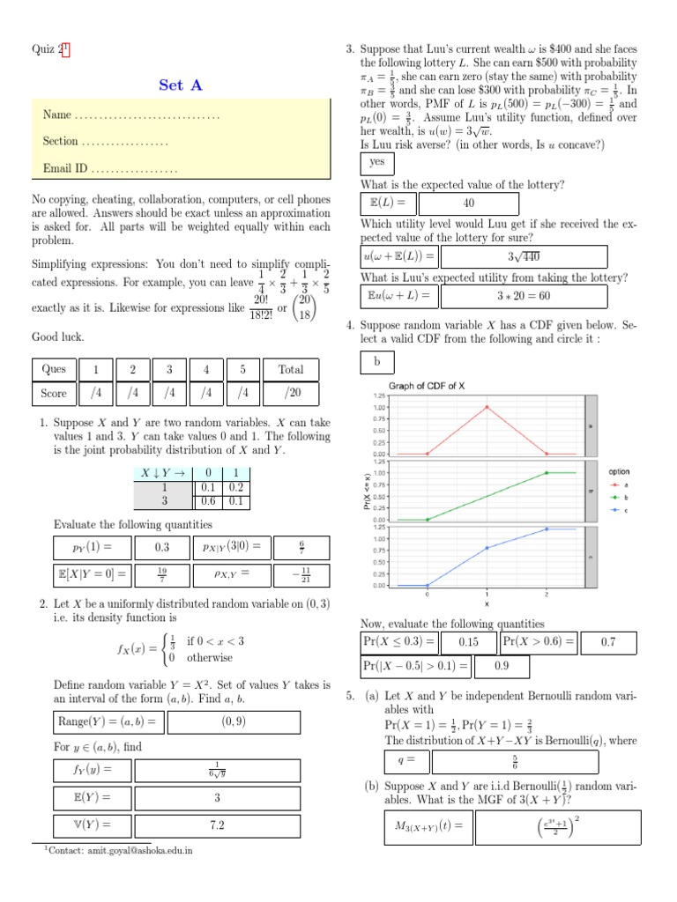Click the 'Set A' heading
180,85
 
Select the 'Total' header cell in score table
290,369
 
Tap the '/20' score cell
290,393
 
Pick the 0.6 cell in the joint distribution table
208,500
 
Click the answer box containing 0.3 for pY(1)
161,547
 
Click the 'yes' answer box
377,163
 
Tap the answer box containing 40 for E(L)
468,203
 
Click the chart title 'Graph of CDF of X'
427,386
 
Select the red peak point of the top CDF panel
487,407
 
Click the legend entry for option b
617,498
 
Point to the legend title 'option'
619,471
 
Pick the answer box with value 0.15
468,642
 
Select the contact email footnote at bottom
120,851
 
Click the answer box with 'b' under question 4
377,362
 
